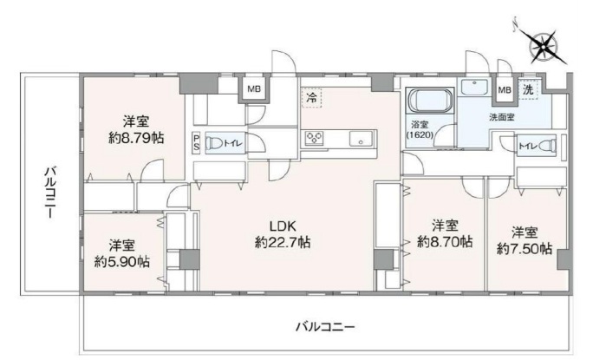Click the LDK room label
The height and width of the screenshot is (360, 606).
[283, 226]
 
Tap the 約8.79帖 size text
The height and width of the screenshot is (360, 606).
[136, 138]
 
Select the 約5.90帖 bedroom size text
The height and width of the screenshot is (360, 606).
[122, 262]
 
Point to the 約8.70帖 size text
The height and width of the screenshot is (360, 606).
[445, 242]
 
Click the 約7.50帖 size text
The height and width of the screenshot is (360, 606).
[524, 249]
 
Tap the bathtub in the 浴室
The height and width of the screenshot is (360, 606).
[430, 100]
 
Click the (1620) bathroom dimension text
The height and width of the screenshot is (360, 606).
[420, 134]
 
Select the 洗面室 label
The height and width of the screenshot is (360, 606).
[502, 117]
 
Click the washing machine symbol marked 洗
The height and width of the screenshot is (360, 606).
[528, 90]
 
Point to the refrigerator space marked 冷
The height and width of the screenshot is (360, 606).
[311, 97]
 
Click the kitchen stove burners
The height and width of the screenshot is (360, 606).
[314, 138]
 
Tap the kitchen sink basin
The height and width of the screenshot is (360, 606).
[361, 139]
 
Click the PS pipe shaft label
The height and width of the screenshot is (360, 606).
[196, 142]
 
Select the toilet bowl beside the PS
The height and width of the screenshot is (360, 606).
[214, 143]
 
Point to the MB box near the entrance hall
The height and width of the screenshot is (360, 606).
[254, 89]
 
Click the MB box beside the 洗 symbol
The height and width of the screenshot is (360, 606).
[505, 90]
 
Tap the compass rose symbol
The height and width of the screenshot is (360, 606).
[543, 47]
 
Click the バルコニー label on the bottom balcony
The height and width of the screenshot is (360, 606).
[324, 327]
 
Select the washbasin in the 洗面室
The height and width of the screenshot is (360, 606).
[475, 87]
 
